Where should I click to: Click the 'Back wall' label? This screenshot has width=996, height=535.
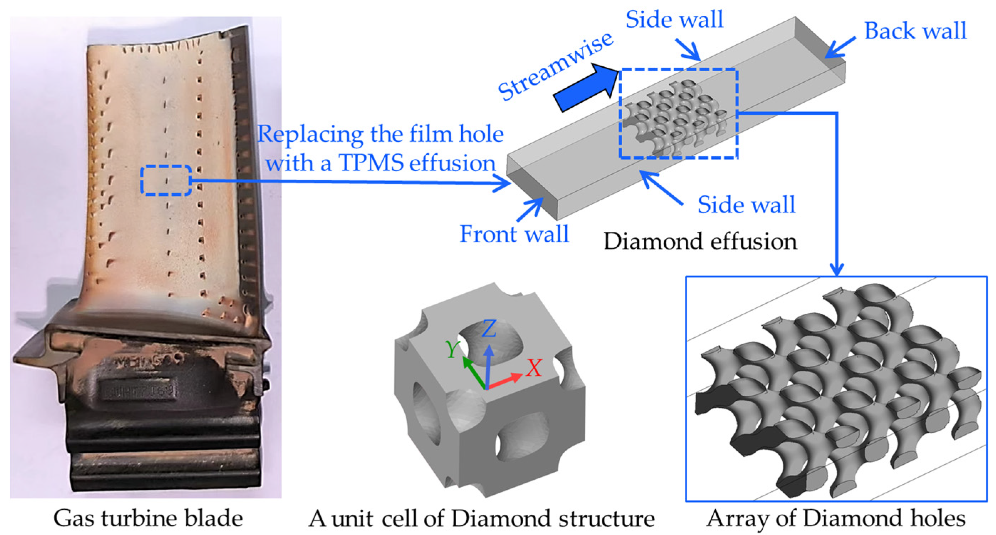point(915,31)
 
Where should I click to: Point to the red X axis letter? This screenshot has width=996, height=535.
point(534,368)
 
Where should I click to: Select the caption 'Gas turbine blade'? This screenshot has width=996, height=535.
point(148,518)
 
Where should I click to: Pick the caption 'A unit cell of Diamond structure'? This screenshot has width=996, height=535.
point(481,518)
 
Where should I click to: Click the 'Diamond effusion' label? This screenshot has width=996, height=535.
point(700,242)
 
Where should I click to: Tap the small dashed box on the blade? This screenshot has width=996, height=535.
point(166,180)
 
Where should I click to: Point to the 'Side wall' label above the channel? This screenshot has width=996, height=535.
point(674,19)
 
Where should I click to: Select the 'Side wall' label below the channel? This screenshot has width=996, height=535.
point(746,205)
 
